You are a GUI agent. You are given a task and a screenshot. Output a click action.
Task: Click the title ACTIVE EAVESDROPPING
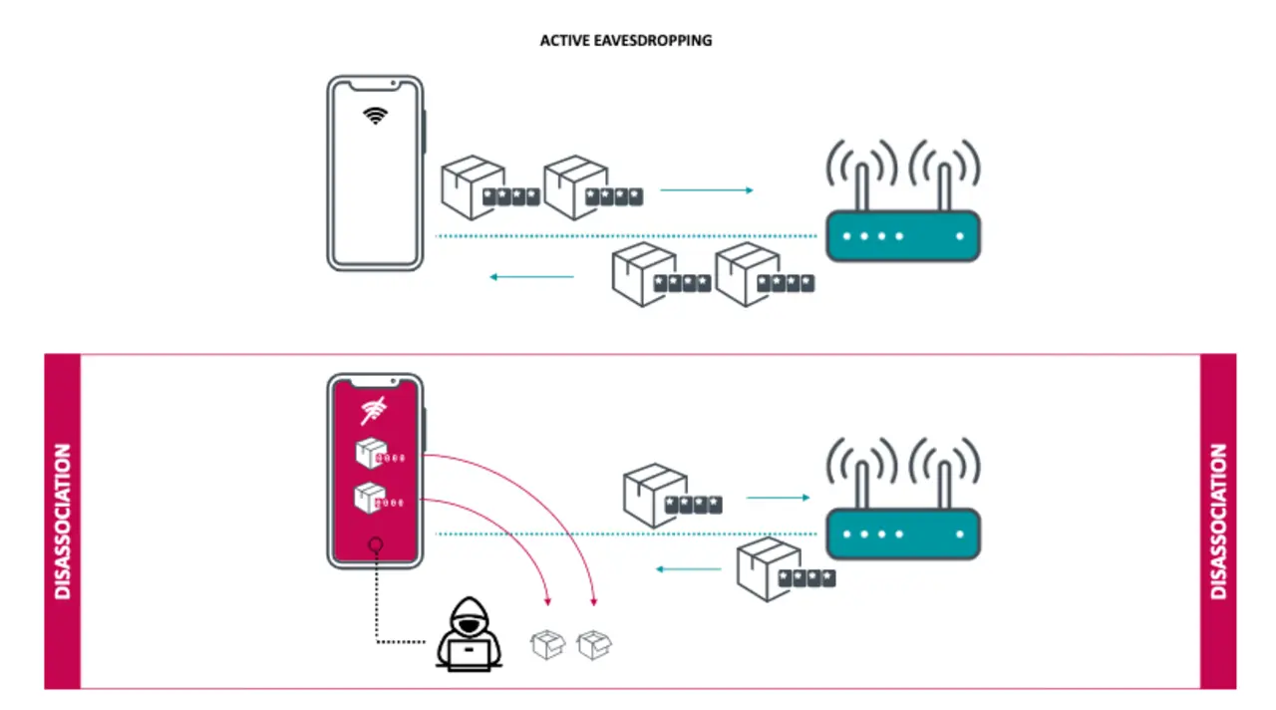(626, 41)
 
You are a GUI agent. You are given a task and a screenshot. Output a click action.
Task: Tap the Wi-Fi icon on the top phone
(375, 114)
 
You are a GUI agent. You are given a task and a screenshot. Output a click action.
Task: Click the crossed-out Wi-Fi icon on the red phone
(375, 409)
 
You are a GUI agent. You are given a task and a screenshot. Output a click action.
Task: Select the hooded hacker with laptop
(469, 634)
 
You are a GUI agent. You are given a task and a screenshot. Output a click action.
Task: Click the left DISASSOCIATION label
(62, 522)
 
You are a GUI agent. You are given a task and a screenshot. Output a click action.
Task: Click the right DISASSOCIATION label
(1218, 522)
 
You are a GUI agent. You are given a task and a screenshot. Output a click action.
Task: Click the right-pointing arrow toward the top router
(707, 189)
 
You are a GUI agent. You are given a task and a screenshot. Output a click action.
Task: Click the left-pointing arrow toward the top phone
(532, 276)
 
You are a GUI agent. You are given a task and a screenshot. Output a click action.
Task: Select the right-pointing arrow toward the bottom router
(778, 497)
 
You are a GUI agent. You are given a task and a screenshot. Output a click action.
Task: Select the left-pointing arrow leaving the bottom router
(688, 569)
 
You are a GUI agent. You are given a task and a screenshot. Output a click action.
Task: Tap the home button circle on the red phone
(376, 544)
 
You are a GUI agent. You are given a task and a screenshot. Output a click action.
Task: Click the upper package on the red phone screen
(370, 454)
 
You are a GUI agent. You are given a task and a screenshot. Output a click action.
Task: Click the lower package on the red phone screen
(370, 497)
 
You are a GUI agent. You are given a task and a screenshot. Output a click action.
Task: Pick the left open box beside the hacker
(547, 644)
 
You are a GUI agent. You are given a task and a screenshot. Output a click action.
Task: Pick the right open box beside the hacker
(594, 644)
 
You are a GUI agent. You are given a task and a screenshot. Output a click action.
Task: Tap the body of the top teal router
(903, 236)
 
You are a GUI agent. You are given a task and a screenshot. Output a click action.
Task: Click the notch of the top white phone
(375, 84)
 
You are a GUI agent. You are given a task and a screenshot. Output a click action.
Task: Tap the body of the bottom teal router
(903, 533)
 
